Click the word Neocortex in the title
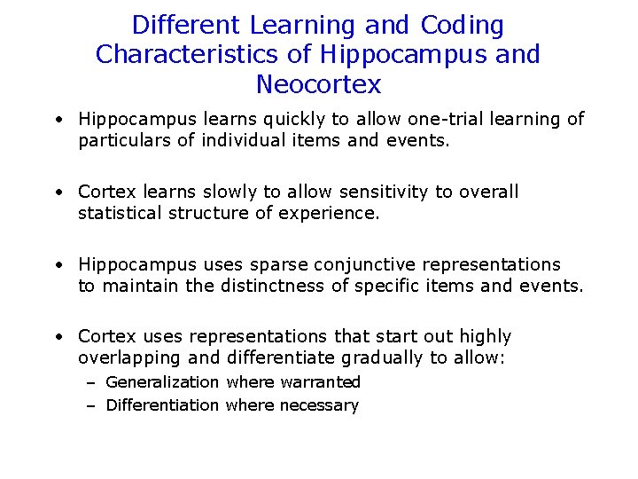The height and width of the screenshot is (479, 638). click(318, 84)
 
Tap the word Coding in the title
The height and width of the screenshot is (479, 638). click(462, 24)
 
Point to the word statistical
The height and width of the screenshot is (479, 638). click(121, 213)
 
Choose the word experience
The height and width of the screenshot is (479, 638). click(331, 213)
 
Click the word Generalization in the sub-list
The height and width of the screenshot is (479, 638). click(162, 382)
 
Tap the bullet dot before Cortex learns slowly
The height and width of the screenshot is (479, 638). click(56, 192)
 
